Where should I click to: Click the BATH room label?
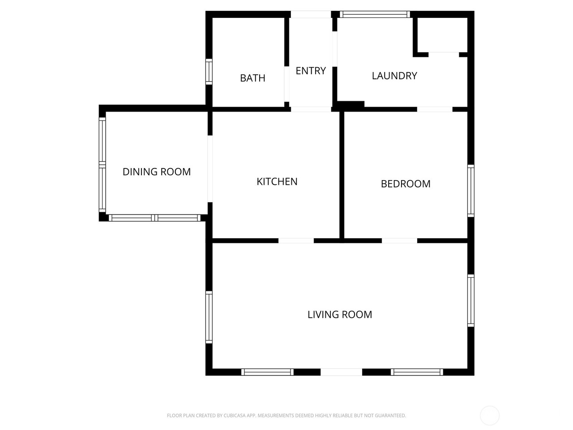click(x=252, y=78)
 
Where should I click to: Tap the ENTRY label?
click(x=311, y=71)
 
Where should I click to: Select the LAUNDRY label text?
click(x=394, y=76)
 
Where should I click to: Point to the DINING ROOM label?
click(x=157, y=172)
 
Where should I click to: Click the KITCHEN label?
click(x=277, y=181)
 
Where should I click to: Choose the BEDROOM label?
click(x=406, y=184)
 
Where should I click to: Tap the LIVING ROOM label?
click(x=340, y=314)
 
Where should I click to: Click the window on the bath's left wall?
click(x=209, y=72)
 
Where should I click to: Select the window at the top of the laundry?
click(x=375, y=14)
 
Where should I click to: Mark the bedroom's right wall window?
click(x=471, y=191)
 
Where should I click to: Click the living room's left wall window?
click(x=209, y=317)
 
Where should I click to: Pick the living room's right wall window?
click(x=471, y=300)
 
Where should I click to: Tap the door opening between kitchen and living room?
click(x=296, y=241)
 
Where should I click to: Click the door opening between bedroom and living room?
click(x=399, y=241)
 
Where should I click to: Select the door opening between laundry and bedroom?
click(x=435, y=109)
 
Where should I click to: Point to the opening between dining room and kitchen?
click(x=210, y=169)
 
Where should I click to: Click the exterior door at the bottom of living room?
click(x=341, y=372)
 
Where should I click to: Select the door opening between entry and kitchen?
click(x=311, y=109)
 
